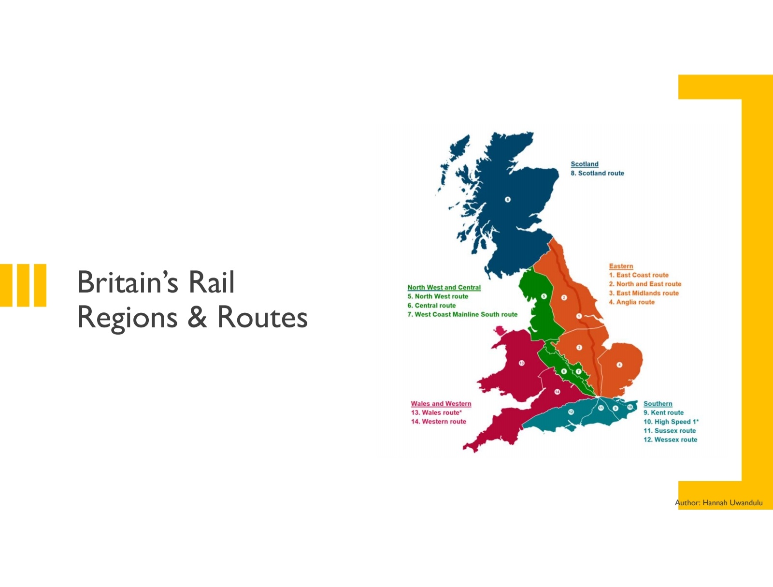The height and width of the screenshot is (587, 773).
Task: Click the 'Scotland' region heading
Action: pos(584,164)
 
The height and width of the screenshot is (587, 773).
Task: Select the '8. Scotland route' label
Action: pos(597,173)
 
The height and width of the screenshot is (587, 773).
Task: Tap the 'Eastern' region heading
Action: pos(621,266)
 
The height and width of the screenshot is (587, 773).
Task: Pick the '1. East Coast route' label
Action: pos(638,275)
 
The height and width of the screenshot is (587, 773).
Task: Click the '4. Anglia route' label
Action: pos(631,302)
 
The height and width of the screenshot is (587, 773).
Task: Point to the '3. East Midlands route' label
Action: pos(644,293)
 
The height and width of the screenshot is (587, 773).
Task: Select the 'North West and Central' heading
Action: pos(444,287)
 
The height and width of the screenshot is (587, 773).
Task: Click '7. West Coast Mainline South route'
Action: pos(462,314)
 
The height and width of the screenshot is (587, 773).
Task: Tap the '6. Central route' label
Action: pos(431,306)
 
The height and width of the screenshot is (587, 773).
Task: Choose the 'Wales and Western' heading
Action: pos(441,404)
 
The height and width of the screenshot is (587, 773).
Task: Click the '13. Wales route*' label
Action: pos(436,412)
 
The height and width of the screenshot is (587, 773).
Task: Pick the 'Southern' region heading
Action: pos(658,404)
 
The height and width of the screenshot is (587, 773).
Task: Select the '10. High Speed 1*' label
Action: pos(671,422)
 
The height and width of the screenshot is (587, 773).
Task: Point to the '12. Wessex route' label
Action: pos(670,440)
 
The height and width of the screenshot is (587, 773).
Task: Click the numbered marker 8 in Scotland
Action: pos(507,199)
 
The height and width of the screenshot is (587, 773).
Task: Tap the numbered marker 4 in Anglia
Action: pos(619,365)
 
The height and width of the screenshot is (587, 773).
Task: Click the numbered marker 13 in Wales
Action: pos(521,363)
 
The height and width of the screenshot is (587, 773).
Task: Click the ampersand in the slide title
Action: pos(197,318)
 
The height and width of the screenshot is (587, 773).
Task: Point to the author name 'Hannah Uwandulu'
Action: pos(732,503)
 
